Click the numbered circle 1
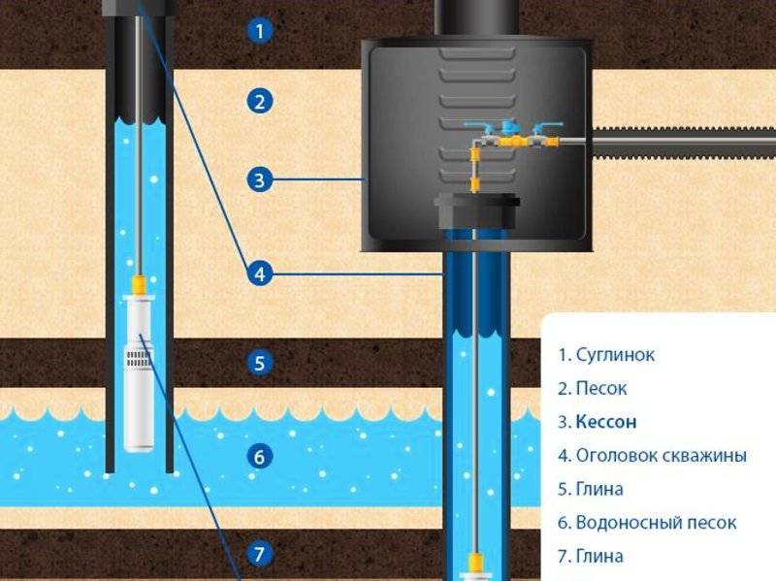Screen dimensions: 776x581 tap(260, 31)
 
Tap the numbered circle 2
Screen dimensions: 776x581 tap(260, 102)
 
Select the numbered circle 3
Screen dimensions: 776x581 tap(260, 179)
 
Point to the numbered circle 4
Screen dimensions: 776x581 tap(260, 274)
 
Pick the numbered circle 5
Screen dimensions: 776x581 tap(260, 364)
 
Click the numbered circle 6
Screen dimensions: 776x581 tap(260, 457)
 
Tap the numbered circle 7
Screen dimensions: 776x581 tap(260, 553)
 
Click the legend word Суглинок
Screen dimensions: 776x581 tap(615, 355)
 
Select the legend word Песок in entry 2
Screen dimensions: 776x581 tap(601, 389)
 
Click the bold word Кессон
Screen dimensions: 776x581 tap(606, 422)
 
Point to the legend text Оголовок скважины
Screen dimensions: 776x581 tap(662, 456)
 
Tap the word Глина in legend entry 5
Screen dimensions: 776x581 tap(599, 489)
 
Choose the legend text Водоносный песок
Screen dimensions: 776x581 tap(657, 523)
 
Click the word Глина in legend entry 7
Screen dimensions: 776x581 tap(599, 556)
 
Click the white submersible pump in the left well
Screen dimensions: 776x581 tap(139, 373)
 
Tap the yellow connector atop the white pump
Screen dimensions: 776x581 tap(139, 285)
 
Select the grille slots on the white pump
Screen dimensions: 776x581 tap(139, 358)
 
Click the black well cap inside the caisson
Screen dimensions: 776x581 tap(477, 211)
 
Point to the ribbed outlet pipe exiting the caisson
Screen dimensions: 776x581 tap(684, 143)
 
